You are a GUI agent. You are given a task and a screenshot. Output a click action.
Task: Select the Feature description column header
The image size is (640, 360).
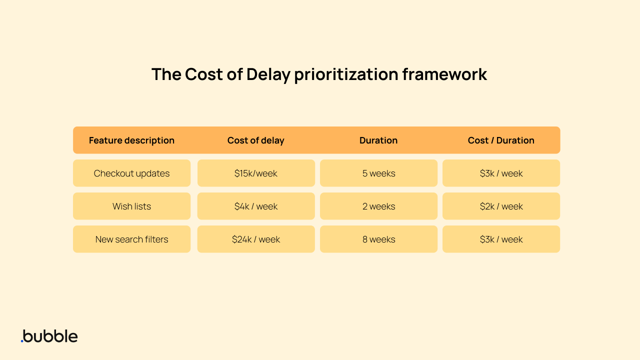[x=131, y=140]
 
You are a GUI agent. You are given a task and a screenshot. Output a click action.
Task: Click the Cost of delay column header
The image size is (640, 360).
[x=255, y=140]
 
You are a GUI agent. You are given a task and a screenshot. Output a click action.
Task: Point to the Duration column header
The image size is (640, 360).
[x=378, y=140]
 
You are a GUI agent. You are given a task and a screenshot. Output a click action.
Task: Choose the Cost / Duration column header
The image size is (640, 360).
[x=501, y=140]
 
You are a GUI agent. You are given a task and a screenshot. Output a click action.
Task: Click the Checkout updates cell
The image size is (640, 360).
[x=131, y=173]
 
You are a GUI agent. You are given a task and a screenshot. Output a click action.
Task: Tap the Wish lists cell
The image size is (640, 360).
[x=131, y=206]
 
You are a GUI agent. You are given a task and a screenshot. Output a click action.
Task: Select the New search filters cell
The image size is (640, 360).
[x=131, y=239]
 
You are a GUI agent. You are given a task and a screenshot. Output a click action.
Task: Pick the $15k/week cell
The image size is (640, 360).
[x=255, y=173]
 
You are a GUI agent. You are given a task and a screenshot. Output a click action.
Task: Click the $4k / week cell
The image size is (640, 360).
[x=255, y=206]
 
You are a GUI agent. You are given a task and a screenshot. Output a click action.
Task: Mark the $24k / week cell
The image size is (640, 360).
[x=255, y=239]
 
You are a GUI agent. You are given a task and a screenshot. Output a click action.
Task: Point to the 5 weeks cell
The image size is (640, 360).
[x=378, y=173]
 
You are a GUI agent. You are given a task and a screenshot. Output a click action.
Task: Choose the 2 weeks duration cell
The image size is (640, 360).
[x=378, y=206]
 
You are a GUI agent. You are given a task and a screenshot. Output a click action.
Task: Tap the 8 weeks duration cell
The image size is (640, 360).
[x=378, y=239]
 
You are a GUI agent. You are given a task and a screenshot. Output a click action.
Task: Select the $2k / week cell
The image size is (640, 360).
[x=501, y=206]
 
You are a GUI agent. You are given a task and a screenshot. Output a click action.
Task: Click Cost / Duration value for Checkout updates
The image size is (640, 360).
[x=501, y=173]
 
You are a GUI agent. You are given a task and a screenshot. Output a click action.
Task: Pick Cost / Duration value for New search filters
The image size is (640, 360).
[x=501, y=239]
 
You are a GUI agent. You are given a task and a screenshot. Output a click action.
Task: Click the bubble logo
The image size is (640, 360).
[x=49, y=336]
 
